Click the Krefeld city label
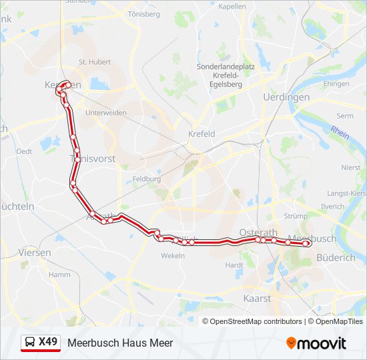pos(202,134)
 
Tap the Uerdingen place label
pos(286,97)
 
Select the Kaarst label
pos(258,299)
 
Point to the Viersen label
pos(35,253)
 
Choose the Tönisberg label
pos(144,14)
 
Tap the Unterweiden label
pos(105,113)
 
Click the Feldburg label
pos(146,179)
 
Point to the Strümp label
pos(296,216)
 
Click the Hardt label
pos(234,265)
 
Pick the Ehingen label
pos(336,85)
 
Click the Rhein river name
pos(340,133)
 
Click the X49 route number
pos(48,342)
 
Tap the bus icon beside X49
pos(30,343)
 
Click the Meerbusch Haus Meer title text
pos(120,343)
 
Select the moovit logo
pos(316,343)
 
